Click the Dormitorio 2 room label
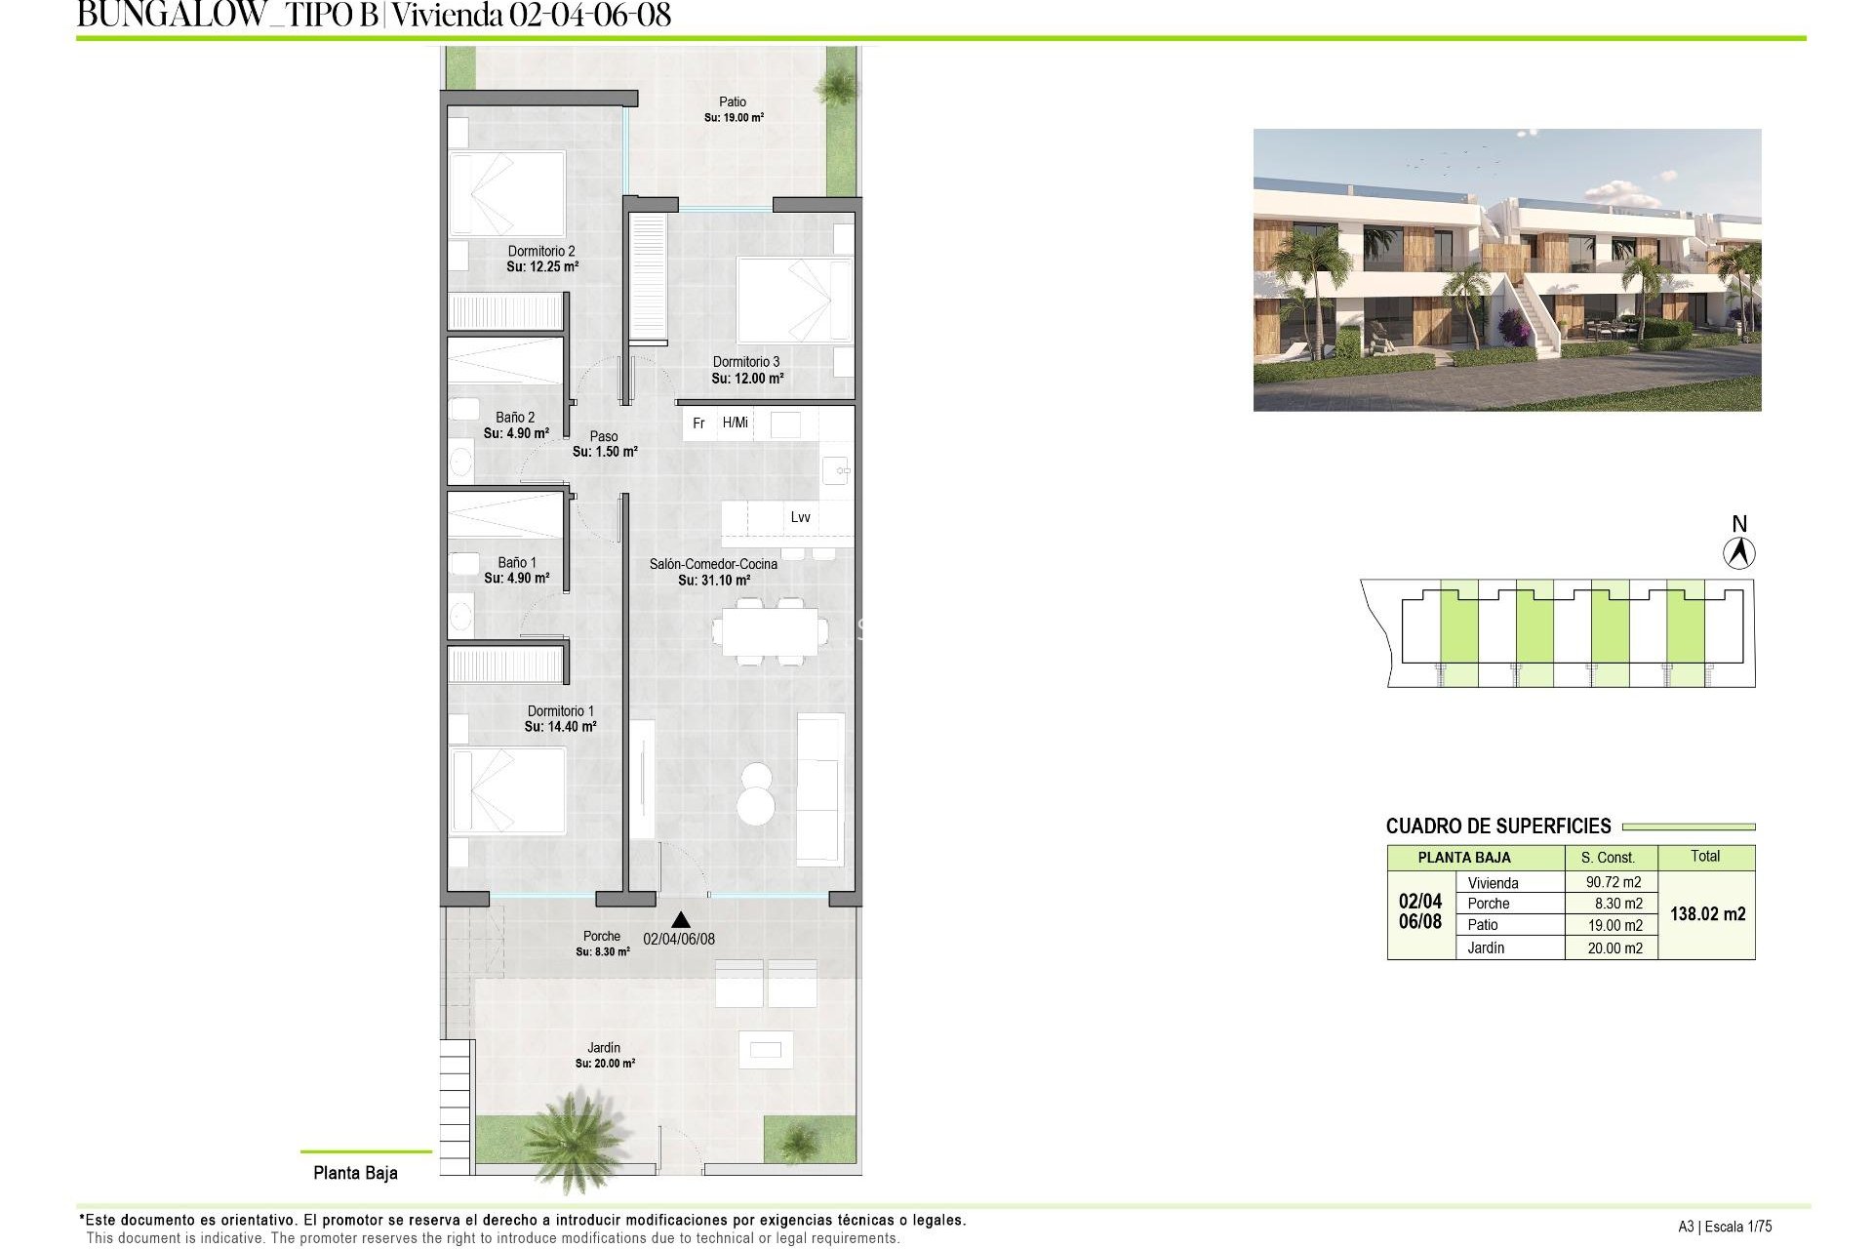(541, 252)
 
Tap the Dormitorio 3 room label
(746, 362)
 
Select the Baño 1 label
(517, 563)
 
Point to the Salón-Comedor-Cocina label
(713, 564)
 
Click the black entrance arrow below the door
(681, 919)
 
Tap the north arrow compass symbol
(1738, 553)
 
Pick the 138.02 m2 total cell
(1707, 914)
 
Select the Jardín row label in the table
(1486, 947)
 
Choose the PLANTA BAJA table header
(1463, 858)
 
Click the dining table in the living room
(770, 630)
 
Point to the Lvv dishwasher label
(800, 517)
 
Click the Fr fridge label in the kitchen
(698, 423)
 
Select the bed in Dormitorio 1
(507, 790)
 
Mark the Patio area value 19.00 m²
(734, 118)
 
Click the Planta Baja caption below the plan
(355, 1173)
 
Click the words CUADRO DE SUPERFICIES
(1498, 826)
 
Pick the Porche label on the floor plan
(602, 937)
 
